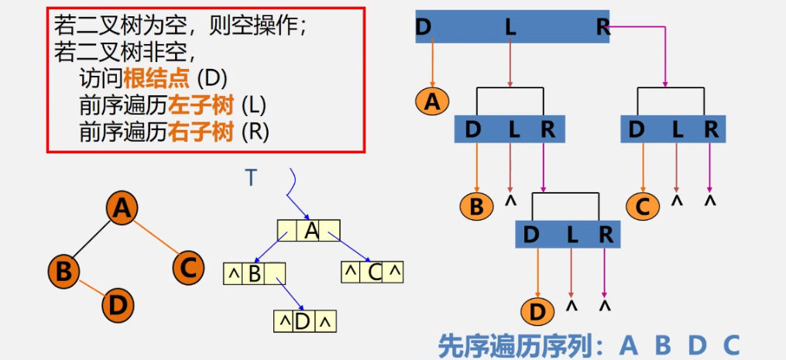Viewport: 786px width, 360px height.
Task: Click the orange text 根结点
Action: (x=158, y=78)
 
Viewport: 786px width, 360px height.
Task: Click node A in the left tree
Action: (x=121, y=209)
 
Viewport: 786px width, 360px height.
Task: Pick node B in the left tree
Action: (x=63, y=271)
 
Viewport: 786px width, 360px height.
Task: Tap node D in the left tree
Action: (x=118, y=304)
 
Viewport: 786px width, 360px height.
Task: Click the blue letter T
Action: (x=250, y=178)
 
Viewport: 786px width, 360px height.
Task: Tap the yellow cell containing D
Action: (x=304, y=321)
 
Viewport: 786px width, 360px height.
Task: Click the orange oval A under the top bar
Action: (x=432, y=101)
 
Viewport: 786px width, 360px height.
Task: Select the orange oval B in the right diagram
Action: (x=476, y=207)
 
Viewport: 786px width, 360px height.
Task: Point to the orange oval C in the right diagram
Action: (x=643, y=207)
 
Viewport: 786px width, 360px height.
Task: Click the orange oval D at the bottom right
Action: (x=537, y=313)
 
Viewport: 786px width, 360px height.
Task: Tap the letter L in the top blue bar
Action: (x=510, y=27)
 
